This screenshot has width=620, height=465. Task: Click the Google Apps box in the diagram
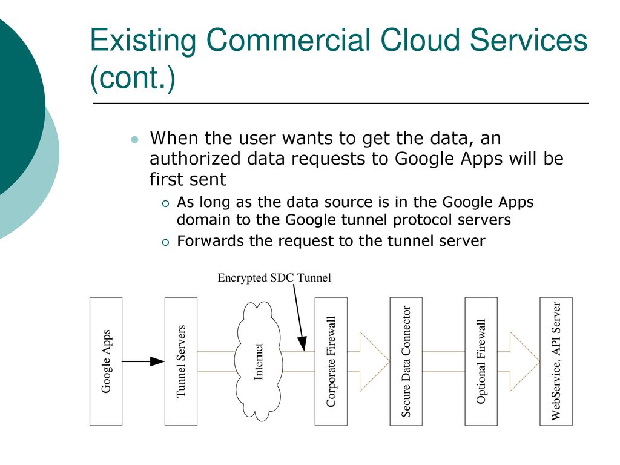pos(106,361)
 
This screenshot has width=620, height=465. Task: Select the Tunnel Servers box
pos(180,361)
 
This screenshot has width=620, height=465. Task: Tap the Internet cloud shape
pos(259,361)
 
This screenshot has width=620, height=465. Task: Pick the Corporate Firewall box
pos(331,361)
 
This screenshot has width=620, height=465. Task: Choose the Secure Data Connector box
pos(406,361)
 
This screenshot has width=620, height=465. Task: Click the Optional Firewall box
pos(481,361)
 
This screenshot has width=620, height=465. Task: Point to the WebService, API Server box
pos(556,361)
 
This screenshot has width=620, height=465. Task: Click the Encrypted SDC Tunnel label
pos(274,277)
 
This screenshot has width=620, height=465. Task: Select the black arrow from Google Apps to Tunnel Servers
pos(143,361)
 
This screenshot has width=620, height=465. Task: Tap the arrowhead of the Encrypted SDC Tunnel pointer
pos(303,344)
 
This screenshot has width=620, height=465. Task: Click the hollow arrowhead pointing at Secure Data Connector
pos(374,361)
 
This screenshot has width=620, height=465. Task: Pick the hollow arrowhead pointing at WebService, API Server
pos(524,361)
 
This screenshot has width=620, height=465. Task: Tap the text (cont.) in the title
pos(133,77)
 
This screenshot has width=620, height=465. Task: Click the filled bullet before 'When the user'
pos(135,140)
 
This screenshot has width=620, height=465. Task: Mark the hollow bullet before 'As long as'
pos(165,203)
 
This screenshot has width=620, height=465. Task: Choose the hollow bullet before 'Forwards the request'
pos(165,242)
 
